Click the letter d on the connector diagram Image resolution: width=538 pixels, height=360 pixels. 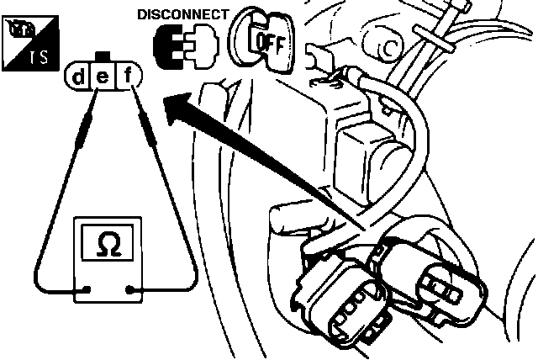coord(78,78)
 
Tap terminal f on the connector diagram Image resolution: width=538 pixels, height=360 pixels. coord(127,78)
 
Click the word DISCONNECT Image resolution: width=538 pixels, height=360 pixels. coord(182,14)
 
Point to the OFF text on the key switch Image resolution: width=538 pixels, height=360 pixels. coord(270,40)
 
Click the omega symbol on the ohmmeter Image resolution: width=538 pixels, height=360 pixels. coord(108,245)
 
